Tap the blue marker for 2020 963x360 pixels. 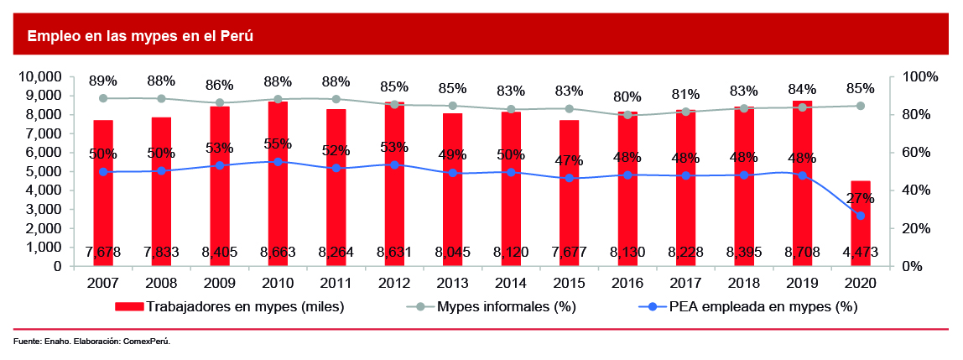(x=861, y=216)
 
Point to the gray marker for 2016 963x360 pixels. (x=627, y=114)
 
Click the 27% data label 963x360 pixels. (x=861, y=199)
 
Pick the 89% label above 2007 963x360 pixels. (x=103, y=81)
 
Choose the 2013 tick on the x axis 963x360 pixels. (x=452, y=284)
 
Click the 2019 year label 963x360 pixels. (x=802, y=284)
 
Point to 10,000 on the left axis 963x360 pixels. (x=39, y=76)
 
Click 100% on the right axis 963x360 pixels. (x=919, y=76)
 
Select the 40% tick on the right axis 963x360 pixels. (x=916, y=190)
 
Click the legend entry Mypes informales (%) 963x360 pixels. (x=506, y=307)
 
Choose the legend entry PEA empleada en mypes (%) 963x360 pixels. (x=763, y=307)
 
